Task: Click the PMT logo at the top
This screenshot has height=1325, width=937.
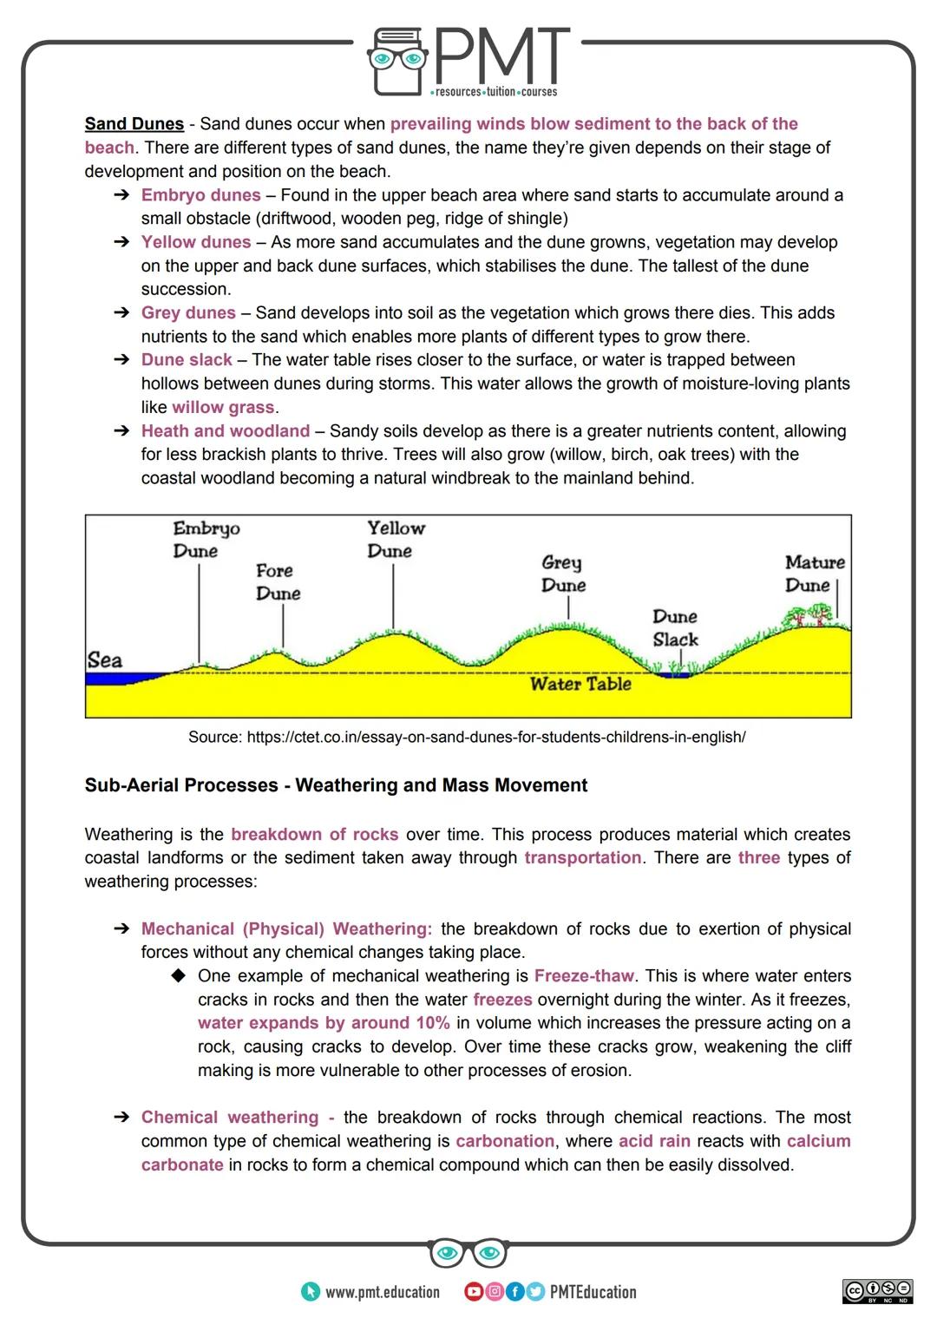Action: [x=468, y=61]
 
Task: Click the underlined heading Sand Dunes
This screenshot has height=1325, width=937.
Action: [x=134, y=124]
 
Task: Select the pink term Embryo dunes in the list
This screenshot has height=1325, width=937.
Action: [x=200, y=195]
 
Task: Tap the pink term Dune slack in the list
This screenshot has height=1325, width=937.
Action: [x=187, y=360]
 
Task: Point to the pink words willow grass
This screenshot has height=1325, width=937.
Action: [x=223, y=408]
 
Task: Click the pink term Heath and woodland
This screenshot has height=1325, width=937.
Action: [x=226, y=431]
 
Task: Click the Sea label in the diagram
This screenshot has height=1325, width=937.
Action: [x=105, y=660]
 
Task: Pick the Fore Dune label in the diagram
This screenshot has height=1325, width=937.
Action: [x=278, y=582]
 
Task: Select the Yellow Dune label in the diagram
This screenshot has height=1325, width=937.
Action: [x=395, y=540]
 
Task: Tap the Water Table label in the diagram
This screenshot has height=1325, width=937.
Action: [x=580, y=685]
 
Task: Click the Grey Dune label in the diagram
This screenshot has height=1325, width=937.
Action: [x=563, y=574]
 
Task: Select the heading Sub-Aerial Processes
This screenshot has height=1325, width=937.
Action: [x=336, y=785]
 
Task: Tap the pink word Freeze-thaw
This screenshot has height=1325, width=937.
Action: [x=584, y=976]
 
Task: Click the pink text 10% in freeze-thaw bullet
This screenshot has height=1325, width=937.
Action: [x=431, y=1023]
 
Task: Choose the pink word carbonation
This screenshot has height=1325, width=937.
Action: [x=505, y=1142]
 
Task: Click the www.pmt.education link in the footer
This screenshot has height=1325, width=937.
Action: [x=382, y=1293]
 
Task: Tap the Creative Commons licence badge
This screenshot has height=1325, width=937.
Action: [x=877, y=1291]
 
